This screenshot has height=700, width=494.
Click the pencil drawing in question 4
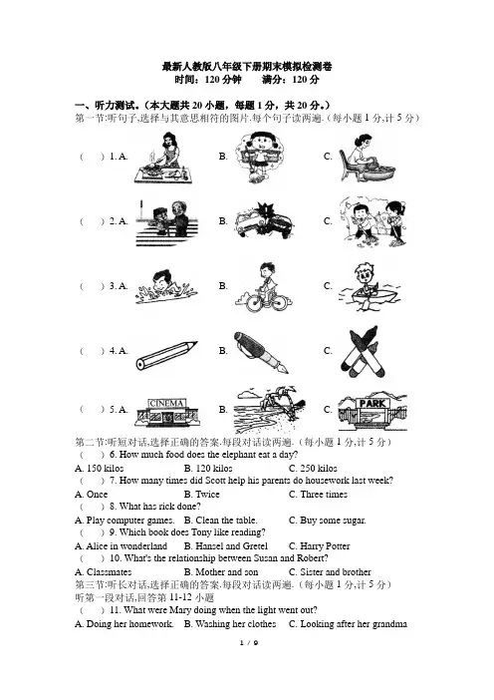[x=166, y=355]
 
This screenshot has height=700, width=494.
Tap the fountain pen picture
[x=261, y=352]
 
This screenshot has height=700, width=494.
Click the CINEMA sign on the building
[x=166, y=404]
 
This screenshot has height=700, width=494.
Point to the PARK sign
[x=372, y=404]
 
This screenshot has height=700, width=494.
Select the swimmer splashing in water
[x=166, y=287]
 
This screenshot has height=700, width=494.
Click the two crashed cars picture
[x=264, y=222]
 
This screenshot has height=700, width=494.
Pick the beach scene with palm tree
[x=269, y=410]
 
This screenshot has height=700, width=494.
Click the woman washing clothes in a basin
[x=367, y=159]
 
